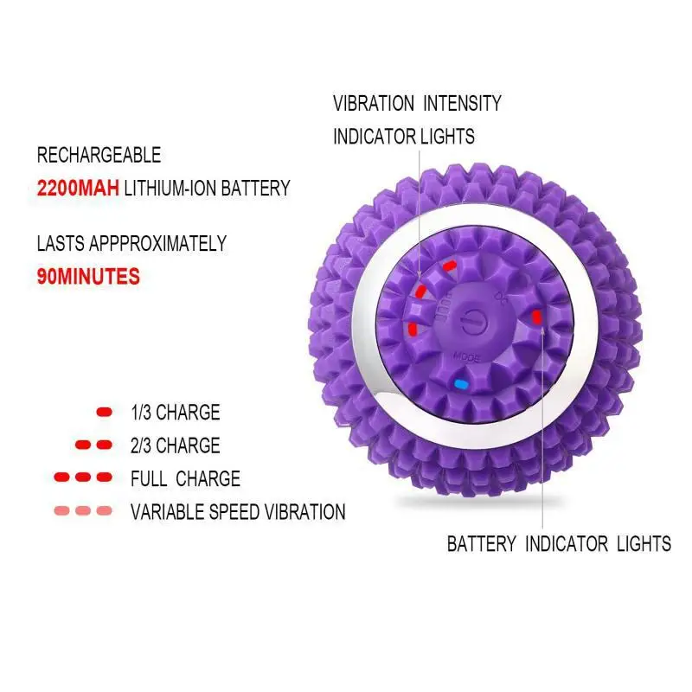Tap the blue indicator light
coord(460,383)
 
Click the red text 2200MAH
coord(79,188)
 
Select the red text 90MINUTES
coord(88,277)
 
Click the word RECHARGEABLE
coord(99,156)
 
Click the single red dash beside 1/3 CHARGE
coord(105,413)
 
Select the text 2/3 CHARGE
coord(175,445)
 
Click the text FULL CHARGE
coord(185,478)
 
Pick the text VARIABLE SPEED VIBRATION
coord(238,511)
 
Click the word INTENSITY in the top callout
coord(461,104)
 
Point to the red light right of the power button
coord(537,317)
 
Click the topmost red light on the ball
coord(449,266)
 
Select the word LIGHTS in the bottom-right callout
coord(644,543)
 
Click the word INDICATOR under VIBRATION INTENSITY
coord(373,136)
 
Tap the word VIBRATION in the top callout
coord(374,104)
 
